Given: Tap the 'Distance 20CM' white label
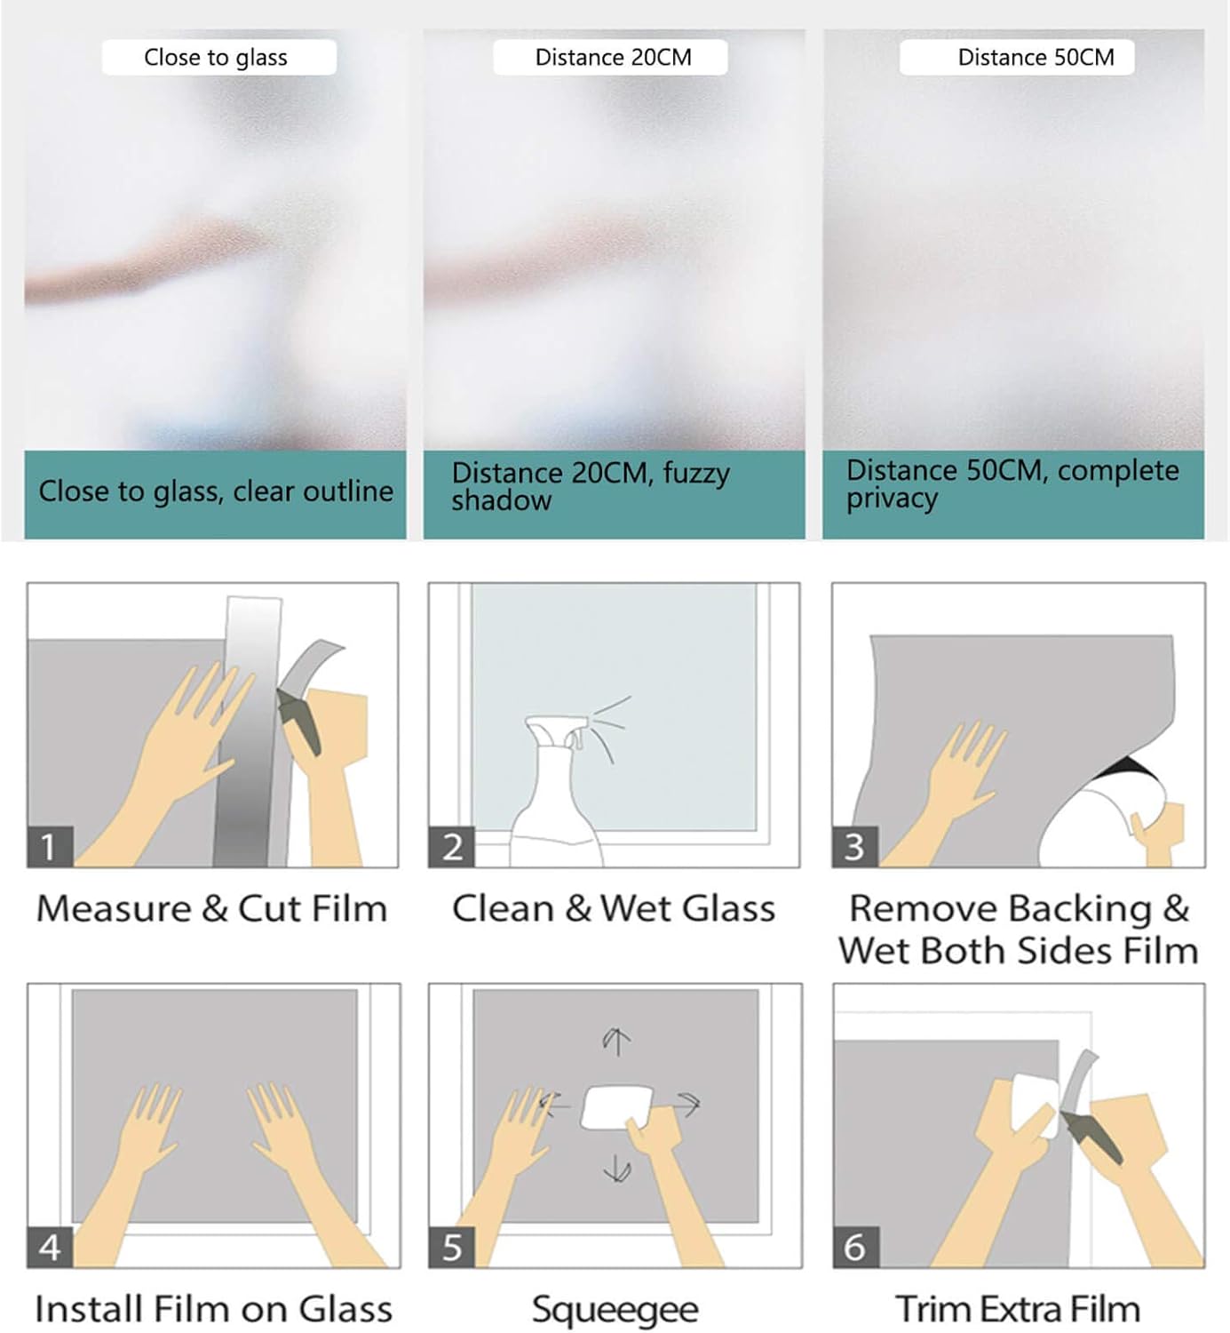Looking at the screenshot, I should click(611, 58).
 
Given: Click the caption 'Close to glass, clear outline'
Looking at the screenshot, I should click(215, 491).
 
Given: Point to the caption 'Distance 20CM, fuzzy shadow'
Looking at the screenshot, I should click(590, 486).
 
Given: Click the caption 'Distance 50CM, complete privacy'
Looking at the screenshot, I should click(1012, 484).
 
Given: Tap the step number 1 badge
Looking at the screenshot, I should click(49, 847).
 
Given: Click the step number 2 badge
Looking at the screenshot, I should click(452, 847).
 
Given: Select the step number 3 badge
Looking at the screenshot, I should click(854, 847).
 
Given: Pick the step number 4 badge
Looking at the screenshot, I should click(50, 1248).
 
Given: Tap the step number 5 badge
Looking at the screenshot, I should click(452, 1248).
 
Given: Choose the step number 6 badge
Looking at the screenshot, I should click(855, 1248).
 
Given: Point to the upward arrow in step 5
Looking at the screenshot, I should click(616, 1041).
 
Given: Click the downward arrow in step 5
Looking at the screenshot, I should click(617, 1169).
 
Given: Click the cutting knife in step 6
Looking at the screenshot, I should click(1092, 1137).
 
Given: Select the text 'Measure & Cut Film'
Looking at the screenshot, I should click(211, 909).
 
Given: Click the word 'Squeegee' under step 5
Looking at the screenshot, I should click(615, 1310).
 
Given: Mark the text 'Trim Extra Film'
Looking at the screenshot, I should click(1018, 1310).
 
